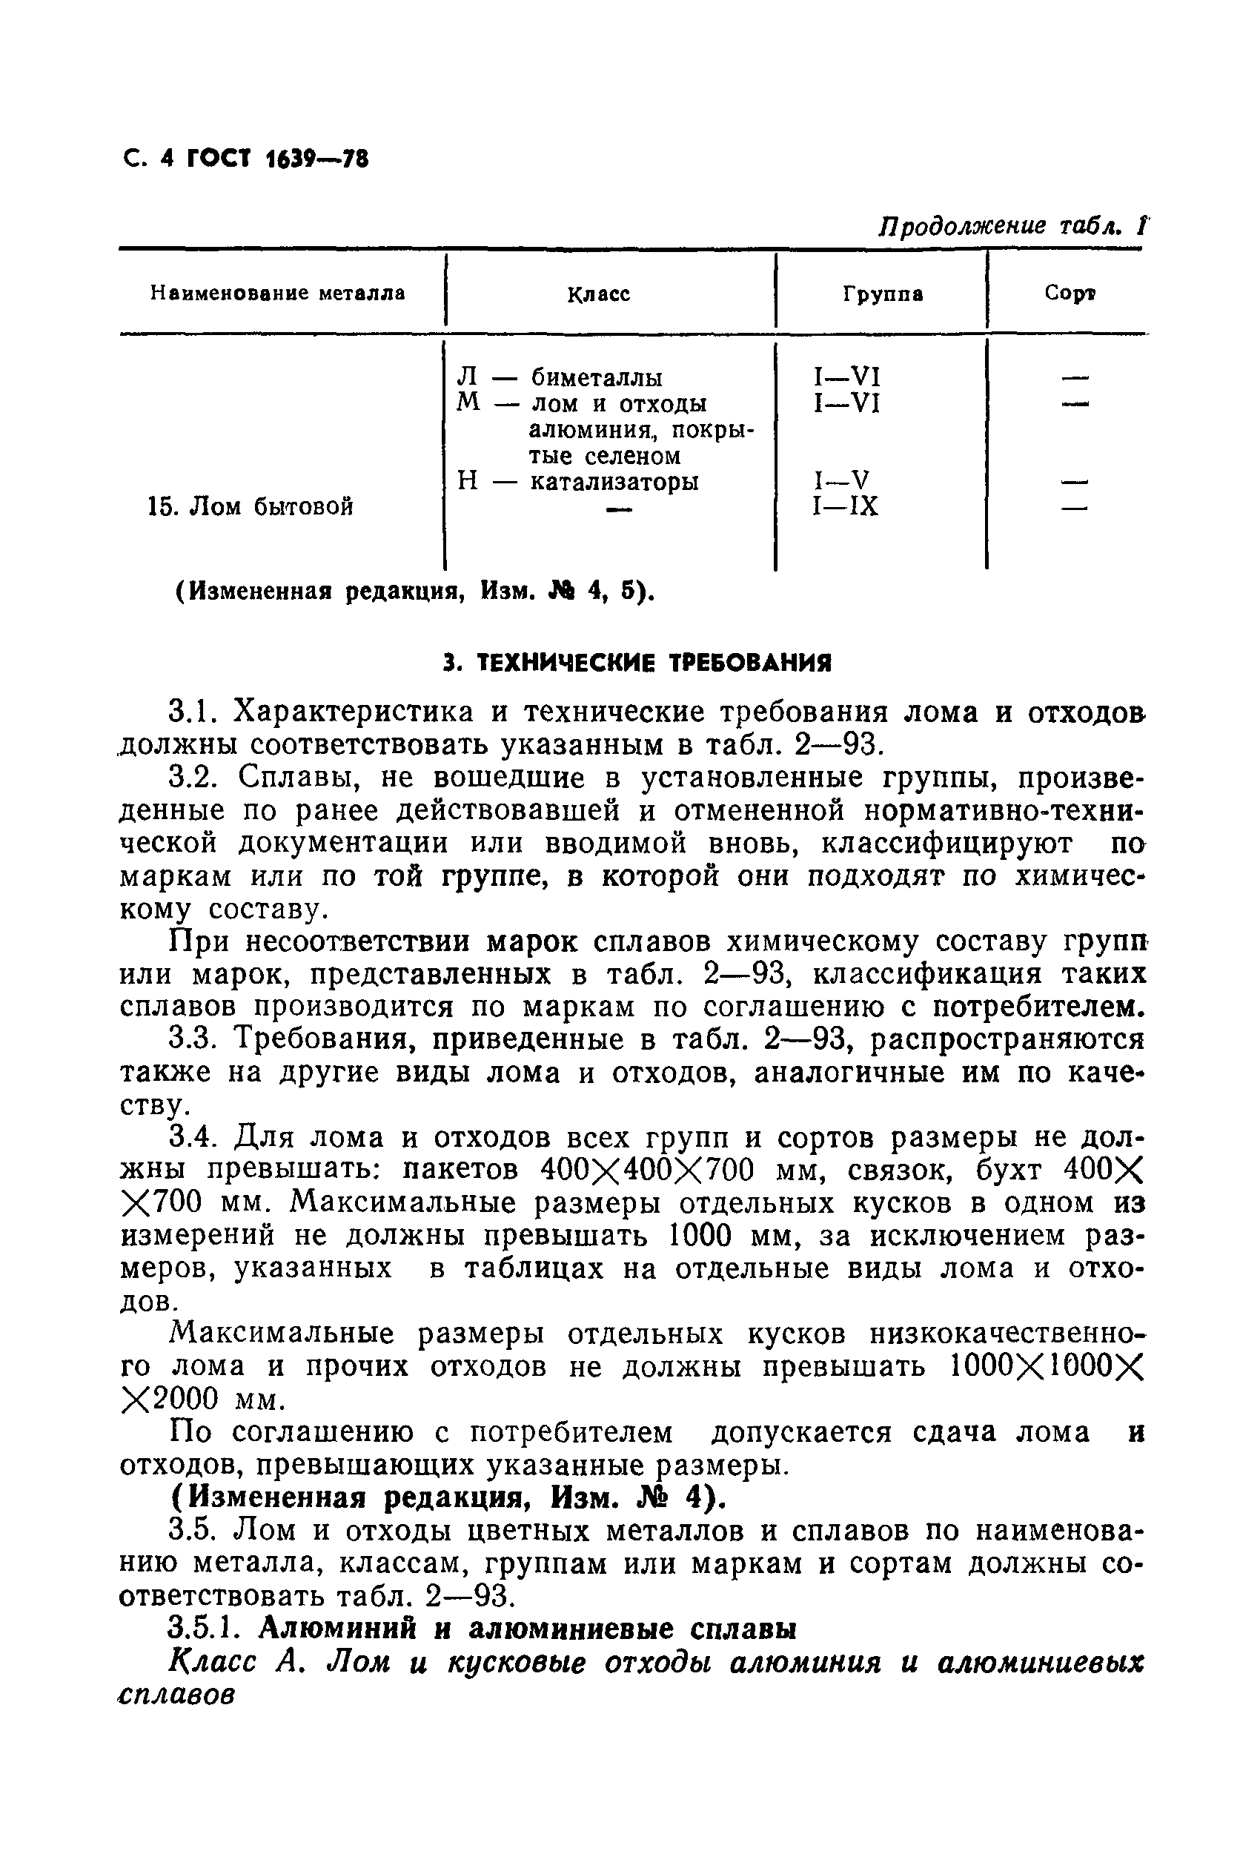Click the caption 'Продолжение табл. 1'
click(1013, 226)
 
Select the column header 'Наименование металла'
click(278, 294)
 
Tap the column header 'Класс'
click(599, 295)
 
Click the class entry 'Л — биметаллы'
click(560, 377)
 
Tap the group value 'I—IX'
click(846, 507)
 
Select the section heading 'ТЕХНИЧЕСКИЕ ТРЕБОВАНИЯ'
click(654, 663)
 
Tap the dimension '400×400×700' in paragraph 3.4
click(648, 1170)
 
